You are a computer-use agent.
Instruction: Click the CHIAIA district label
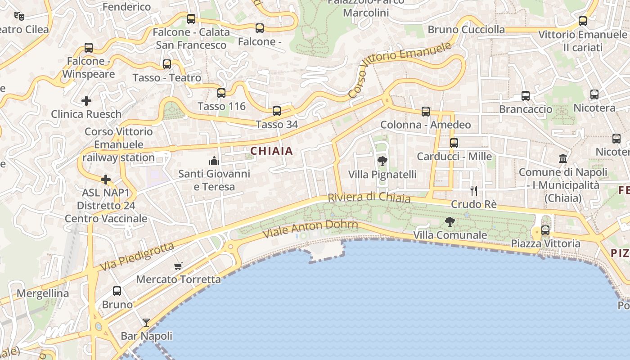coord(271,151)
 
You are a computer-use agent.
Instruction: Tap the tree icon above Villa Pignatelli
coord(382,161)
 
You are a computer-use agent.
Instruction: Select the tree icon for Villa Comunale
coord(450,221)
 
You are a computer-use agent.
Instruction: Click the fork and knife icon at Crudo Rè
coord(473,191)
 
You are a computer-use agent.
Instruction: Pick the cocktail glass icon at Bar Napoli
coord(146,322)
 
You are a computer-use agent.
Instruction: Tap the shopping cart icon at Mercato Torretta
coord(178,266)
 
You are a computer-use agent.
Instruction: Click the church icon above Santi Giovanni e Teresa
coord(214,160)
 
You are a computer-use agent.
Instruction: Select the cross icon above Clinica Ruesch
coord(86,100)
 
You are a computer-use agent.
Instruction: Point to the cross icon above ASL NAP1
coord(106,180)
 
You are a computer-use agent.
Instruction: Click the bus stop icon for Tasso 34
coord(277,111)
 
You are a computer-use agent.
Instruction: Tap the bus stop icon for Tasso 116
coord(221,93)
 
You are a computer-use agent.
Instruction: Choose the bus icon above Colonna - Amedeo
coord(426,112)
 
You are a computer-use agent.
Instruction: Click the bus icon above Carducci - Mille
coord(454,143)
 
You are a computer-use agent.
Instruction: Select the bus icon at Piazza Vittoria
coord(545,230)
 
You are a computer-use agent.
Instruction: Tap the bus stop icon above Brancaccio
coord(526,95)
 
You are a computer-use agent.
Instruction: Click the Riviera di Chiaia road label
coord(369,198)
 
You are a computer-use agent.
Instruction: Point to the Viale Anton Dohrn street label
coord(310,229)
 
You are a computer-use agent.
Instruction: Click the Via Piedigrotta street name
coord(136,257)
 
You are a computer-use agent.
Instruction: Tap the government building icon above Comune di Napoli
coord(563,158)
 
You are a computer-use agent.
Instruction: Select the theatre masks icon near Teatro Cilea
coord(19,16)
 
